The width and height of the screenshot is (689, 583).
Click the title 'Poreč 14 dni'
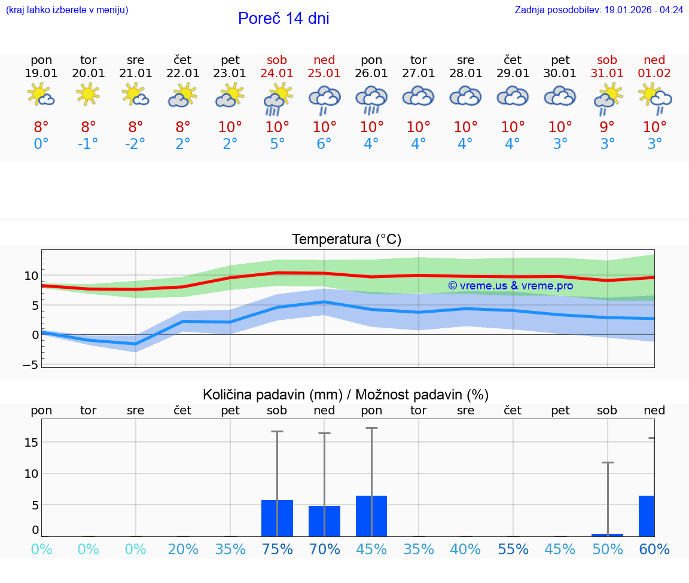click(283, 19)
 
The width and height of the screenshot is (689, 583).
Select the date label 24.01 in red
click(277, 74)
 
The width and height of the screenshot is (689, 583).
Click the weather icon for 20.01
click(89, 94)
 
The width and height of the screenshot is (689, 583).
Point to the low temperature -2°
click(135, 144)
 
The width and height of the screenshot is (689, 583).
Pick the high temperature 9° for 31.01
click(607, 127)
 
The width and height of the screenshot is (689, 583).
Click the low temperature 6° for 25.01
click(324, 144)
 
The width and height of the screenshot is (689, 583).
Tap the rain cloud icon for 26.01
click(371, 99)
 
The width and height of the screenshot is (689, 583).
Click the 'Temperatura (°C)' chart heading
click(346, 240)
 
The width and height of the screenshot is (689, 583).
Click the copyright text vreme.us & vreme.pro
click(511, 286)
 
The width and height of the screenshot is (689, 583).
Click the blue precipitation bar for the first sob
click(277, 518)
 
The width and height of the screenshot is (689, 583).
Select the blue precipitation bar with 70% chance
click(324, 521)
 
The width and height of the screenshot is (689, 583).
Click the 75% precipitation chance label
click(277, 550)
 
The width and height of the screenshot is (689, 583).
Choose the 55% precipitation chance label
click(513, 550)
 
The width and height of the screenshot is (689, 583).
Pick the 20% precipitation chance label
click(183, 550)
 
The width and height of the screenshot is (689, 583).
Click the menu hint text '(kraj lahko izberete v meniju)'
click(67, 10)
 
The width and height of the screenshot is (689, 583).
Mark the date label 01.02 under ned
click(654, 74)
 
